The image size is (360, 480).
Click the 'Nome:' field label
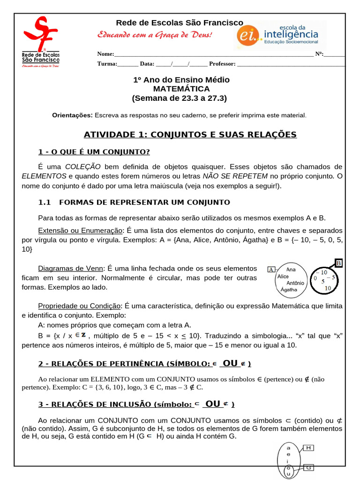[105, 54]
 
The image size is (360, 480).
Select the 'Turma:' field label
[107, 64]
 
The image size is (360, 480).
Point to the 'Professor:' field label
[222, 64]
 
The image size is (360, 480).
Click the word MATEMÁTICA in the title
[181, 89]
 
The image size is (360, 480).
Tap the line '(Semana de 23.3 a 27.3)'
[181, 98]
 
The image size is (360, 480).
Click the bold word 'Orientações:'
[73, 115]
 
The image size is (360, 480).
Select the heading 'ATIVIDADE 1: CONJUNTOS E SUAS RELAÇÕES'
[190, 135]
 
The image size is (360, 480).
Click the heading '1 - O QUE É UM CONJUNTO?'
[94, 151]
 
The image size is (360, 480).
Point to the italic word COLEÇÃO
[83, 166]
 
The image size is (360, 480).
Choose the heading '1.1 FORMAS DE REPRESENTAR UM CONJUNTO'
[134, 202]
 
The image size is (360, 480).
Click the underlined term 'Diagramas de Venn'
[70, 268]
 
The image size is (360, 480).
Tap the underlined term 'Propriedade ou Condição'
[79, 306]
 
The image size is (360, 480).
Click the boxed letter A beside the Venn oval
[271, 270]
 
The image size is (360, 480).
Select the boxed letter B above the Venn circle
[339, 263]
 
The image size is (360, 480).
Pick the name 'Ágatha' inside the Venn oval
[289, 290]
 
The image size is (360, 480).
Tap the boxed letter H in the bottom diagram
[308, 448]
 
